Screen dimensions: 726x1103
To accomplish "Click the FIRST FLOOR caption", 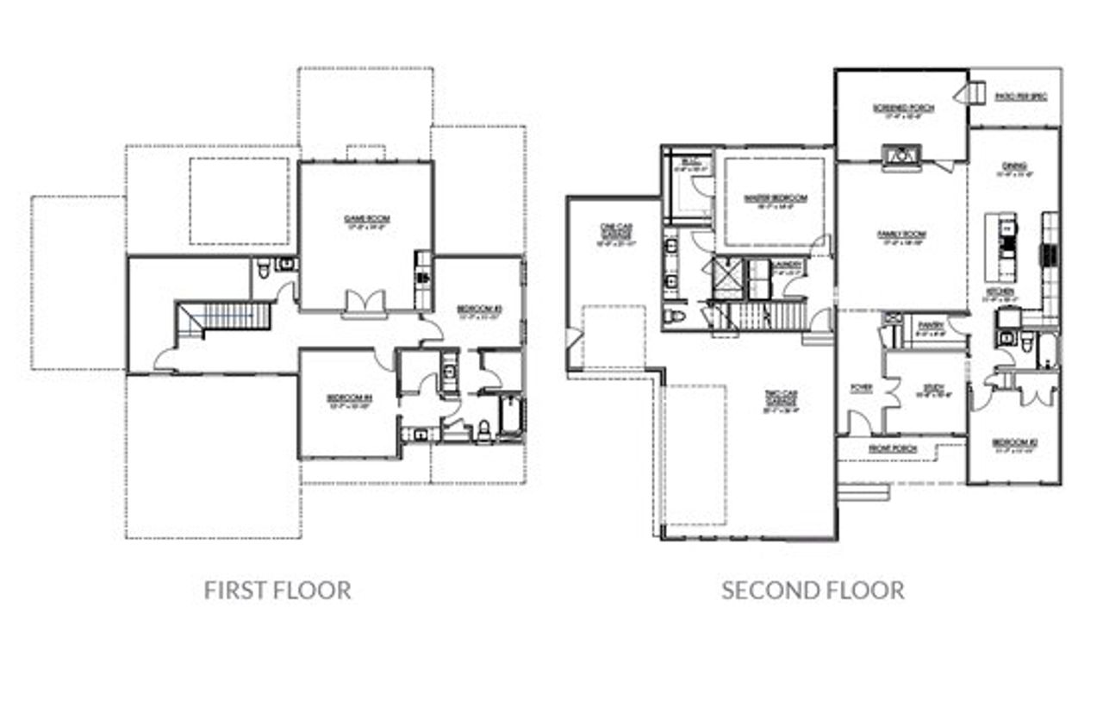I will (277, 591).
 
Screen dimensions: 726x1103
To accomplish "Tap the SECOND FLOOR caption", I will (813, 591).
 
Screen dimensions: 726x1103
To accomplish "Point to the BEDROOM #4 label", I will (348, 398).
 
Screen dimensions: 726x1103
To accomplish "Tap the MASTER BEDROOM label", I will (776, 199).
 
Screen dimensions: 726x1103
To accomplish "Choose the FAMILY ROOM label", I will (901, 235).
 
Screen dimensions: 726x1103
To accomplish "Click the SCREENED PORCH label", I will (902, 109).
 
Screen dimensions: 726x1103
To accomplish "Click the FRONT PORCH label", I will (892, 449).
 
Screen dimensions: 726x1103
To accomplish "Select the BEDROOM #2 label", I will (1013, 445).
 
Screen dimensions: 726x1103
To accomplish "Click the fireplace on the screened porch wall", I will (901, 157).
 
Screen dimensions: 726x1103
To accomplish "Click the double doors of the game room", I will (365, 304).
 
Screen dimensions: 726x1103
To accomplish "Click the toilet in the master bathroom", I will (676, 317).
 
